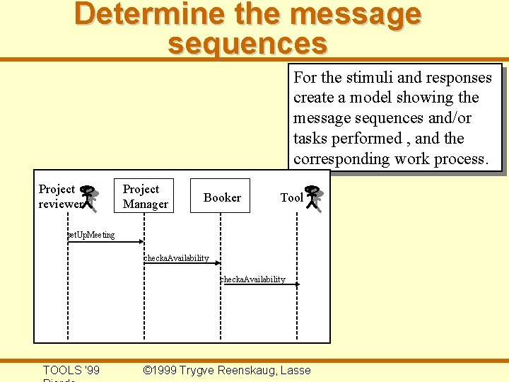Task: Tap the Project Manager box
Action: click(146, 197)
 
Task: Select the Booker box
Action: click(222, 197)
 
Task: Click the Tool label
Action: click(291, 198)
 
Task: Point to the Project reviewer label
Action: click(57, 197)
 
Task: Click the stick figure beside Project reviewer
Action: click(89, 198)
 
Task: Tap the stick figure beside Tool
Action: click(315, 199)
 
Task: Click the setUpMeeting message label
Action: click(90, 235)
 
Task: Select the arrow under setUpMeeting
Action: click(106, 243)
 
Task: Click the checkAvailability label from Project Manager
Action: click(176, 258)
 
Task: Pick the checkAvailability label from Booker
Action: click(252, 279)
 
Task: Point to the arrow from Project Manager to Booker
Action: click(183, 265)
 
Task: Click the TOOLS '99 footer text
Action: click(71, 370)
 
